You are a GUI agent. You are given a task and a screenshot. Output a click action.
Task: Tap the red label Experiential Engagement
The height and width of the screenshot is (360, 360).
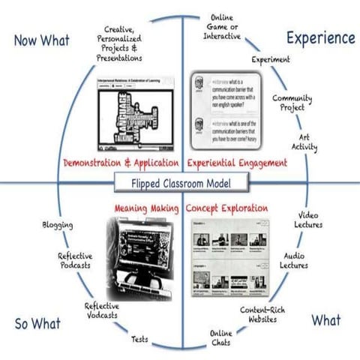pos(237,162)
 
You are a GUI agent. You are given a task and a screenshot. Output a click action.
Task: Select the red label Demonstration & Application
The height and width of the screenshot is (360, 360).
pos(121,162)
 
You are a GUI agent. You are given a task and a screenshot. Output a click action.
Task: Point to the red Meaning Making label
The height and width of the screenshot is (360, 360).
pos(146,204)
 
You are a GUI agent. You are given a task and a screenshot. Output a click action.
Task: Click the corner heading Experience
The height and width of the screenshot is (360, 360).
pos(318,37)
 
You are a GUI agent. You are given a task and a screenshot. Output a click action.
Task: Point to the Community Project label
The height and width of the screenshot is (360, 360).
pos(291,103)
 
